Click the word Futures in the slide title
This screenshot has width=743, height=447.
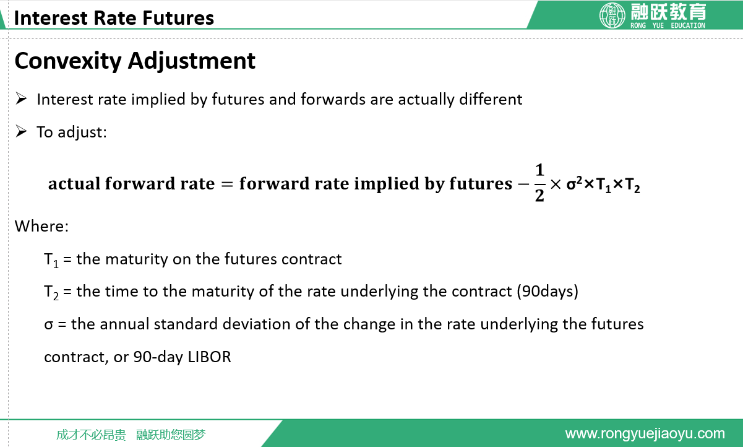178,18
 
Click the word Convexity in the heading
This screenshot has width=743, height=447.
68,62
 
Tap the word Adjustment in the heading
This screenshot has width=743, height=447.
192,62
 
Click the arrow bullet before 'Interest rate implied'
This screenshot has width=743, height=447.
21,98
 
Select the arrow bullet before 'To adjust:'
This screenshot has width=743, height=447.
21,131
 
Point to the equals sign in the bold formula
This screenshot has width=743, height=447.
227,184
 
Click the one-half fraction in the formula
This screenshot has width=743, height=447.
539,183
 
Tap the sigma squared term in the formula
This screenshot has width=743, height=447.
574,183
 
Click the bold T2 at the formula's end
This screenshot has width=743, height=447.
632,185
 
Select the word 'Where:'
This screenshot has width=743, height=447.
42,227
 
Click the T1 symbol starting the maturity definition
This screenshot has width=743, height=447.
51,260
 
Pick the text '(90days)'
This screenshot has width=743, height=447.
548,292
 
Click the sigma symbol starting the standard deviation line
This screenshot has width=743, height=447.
48,324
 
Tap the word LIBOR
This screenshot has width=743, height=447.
209,357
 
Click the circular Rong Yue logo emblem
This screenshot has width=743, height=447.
612,15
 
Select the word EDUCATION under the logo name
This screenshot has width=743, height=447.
688,25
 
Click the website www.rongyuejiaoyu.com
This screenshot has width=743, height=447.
645,434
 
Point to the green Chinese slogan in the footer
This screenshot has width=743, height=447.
131,435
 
